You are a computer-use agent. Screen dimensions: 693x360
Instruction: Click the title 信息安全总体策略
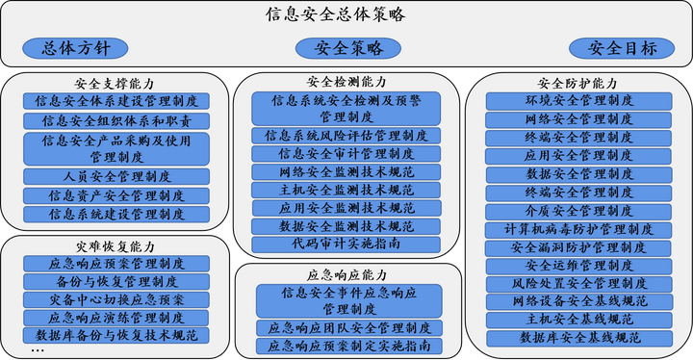coord(336,15)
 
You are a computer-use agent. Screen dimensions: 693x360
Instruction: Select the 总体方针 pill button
coord(77,47)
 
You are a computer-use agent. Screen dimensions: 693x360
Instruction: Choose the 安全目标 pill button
coord(623,48)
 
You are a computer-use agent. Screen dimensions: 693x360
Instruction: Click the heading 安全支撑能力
coord(115,84)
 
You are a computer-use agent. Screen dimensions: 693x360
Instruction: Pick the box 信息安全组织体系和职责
coord(116,121)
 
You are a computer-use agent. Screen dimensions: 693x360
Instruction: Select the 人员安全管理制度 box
coord(116,176)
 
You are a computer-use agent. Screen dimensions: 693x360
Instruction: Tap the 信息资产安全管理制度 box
coord(116,195)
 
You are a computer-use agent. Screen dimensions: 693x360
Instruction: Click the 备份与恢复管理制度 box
coord(116,282)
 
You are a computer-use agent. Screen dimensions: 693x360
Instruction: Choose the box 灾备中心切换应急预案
coord(116,300)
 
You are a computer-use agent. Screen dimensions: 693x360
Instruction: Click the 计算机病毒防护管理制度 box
coord(578,230)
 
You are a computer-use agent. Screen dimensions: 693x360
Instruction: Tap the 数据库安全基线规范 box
coord(578,338)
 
